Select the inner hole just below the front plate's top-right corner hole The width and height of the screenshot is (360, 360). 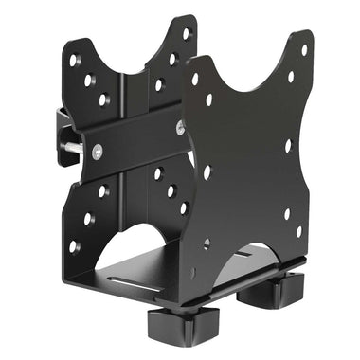click(290, 76)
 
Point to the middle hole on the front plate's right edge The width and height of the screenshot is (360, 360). click(288, 146)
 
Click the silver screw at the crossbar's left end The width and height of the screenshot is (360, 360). click(97, 149)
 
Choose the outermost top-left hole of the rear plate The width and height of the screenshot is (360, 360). click(75, 61)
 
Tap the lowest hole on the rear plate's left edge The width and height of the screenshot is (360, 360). click(73, 245)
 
